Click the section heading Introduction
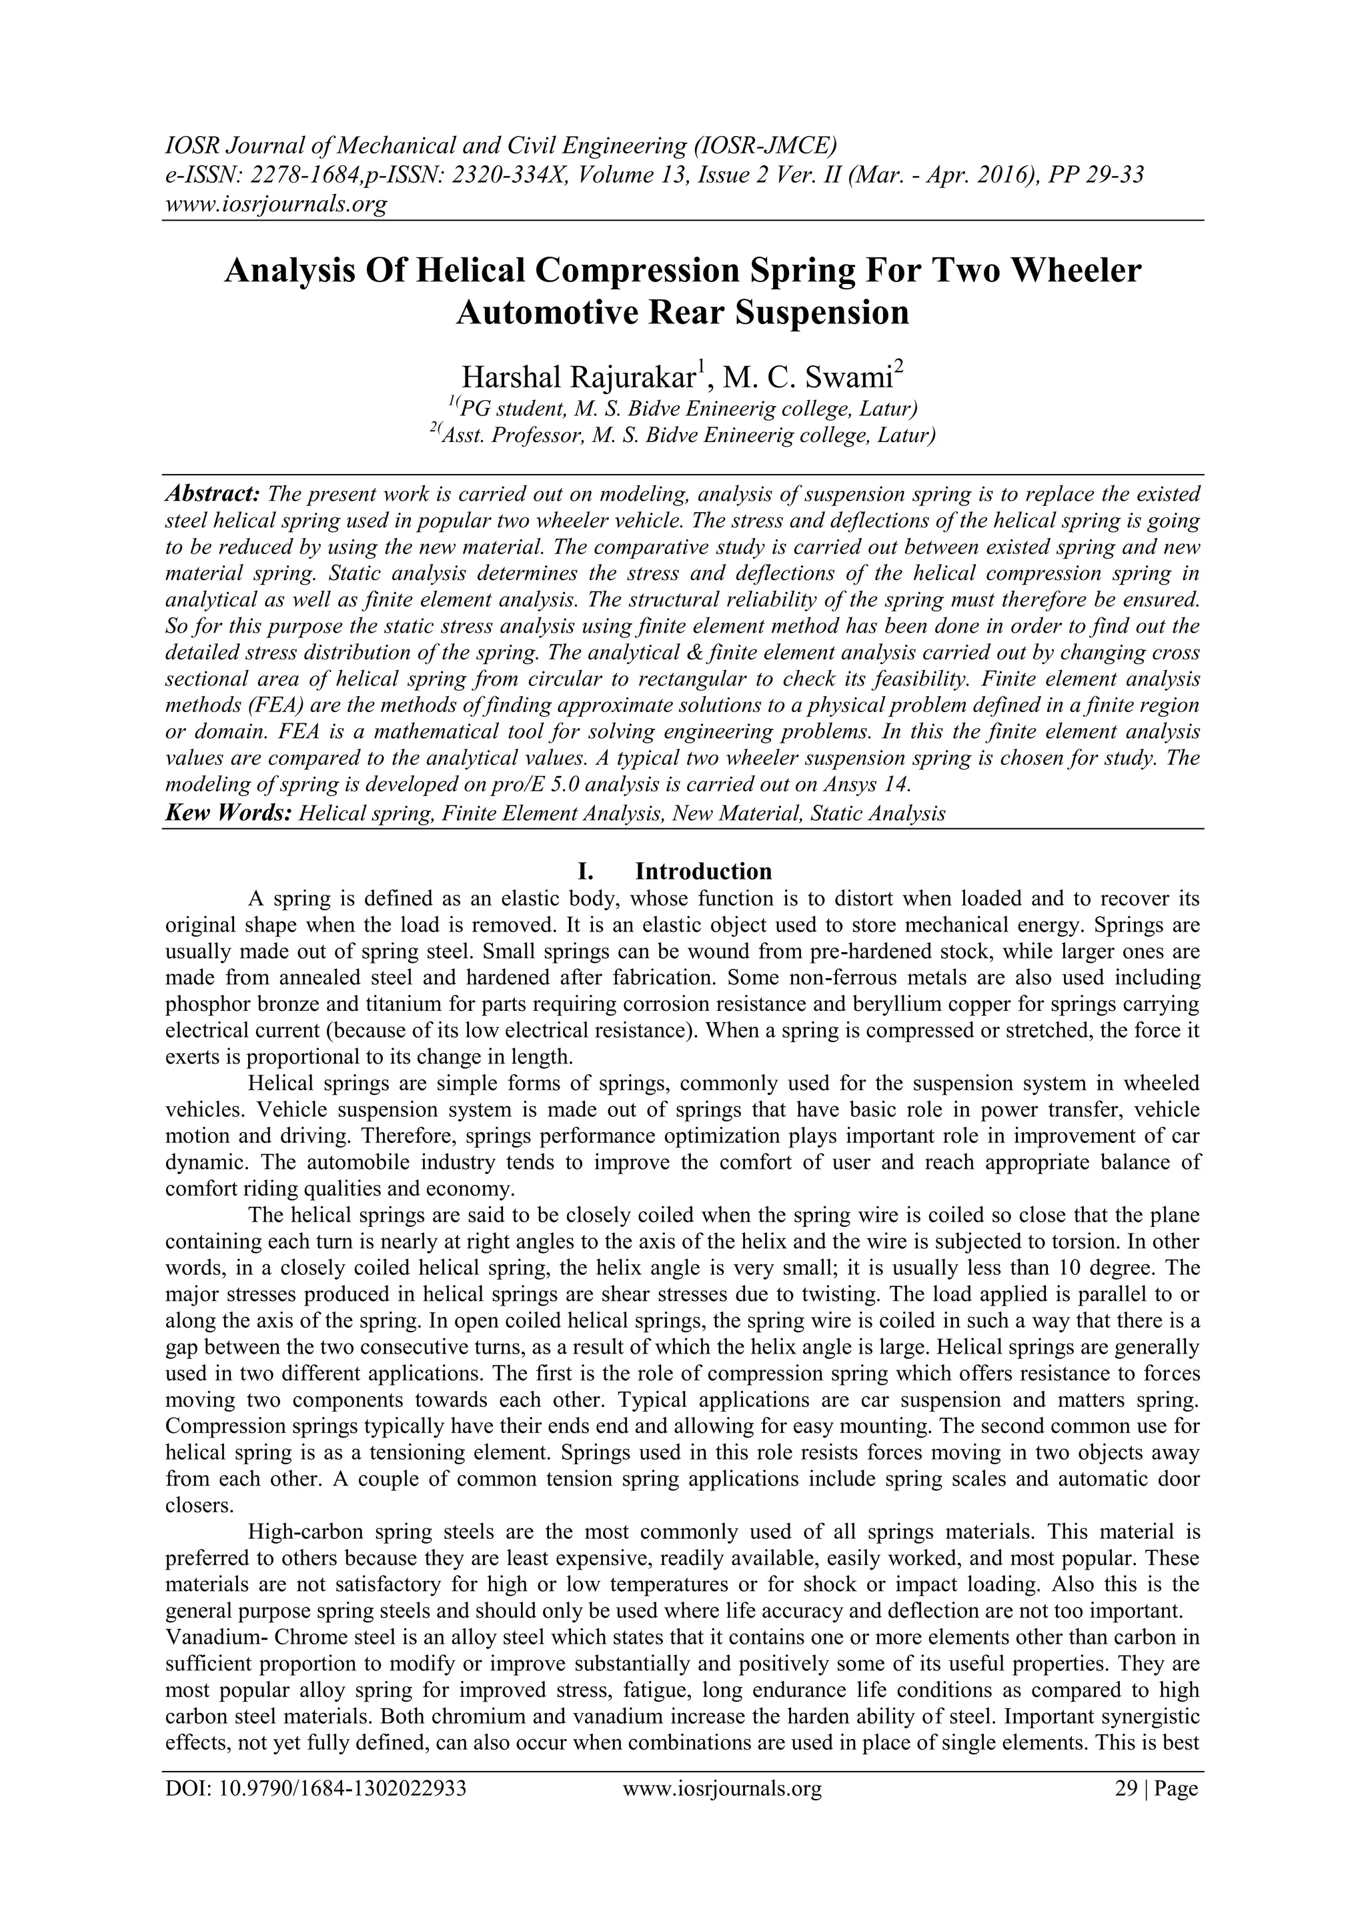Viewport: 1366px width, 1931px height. (703, 870)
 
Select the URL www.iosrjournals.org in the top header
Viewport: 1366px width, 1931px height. (275, 203)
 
